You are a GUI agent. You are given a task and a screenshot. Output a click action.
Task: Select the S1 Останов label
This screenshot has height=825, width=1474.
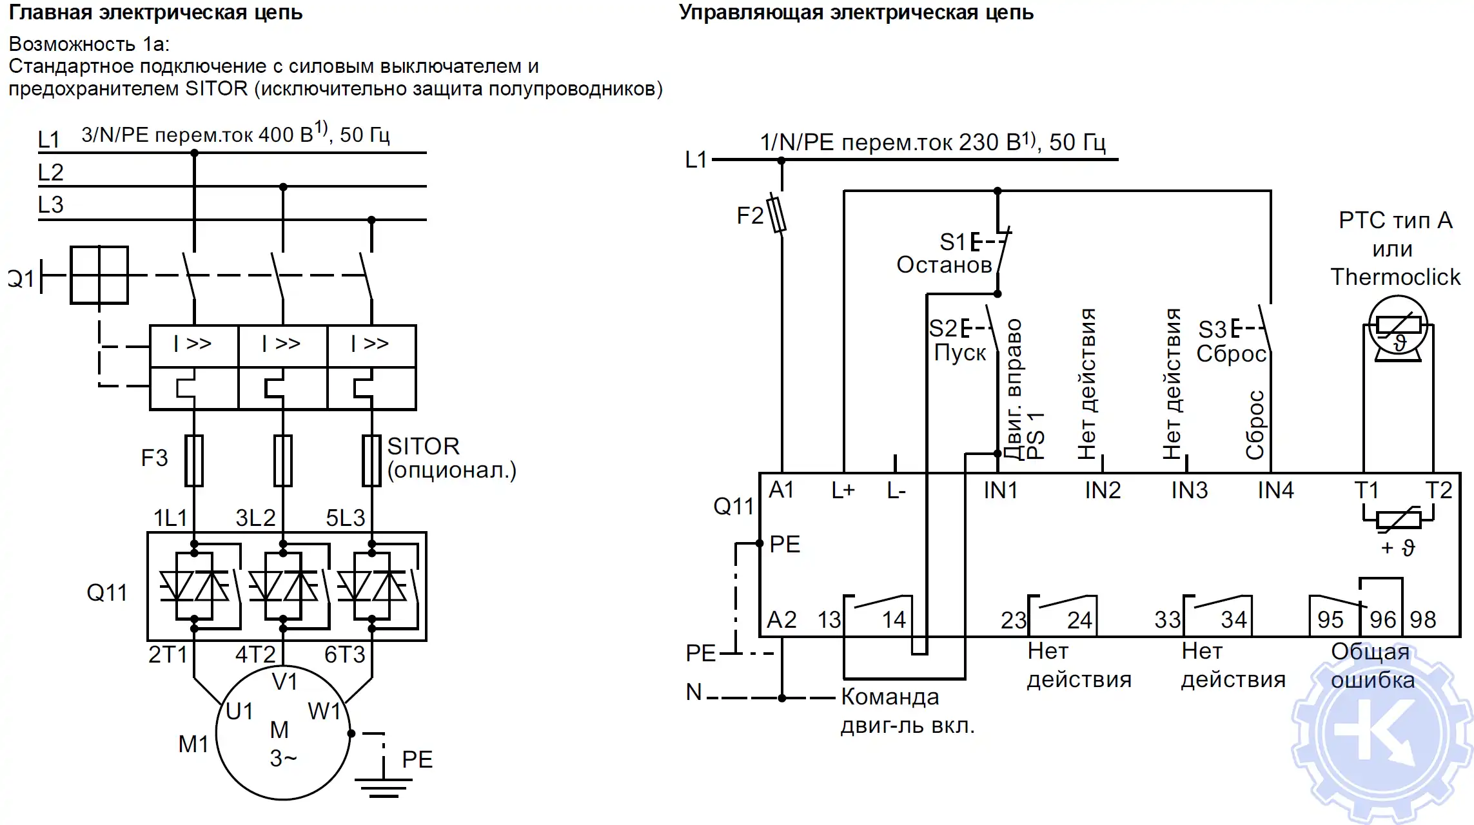pyautogui.click(x=944, y=253)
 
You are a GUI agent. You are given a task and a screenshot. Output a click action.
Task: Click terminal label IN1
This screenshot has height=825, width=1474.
pyautogui.click(x=1000, y=490)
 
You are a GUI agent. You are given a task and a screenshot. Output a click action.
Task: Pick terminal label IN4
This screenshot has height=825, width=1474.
pyautogui.click(x=1275, y=490)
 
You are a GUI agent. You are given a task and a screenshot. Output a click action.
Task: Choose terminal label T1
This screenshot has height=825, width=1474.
pyautogui.click(x=1366, y=490)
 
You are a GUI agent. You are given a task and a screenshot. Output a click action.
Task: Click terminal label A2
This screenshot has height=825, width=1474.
pyautogui.click(x=781, y=620)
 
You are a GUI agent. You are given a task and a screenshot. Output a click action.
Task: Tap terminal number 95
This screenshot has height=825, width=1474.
pyautogui.click(x=1330, y=620)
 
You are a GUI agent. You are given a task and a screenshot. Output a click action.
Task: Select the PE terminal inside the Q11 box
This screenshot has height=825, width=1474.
pyautogui.click(x=784, y=545)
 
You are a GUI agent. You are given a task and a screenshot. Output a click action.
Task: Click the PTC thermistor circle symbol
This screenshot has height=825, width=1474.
pyautogui.click(x=1398, y=325)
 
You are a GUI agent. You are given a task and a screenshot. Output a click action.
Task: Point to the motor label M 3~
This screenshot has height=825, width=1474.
pyautogui.click(x=282, y=744)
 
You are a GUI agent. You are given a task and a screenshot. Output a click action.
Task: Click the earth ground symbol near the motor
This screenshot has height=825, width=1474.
pyautogui.click(x=384, y=786)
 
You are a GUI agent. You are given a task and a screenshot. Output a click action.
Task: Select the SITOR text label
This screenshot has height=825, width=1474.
pyautogui.click(x=423, y=446)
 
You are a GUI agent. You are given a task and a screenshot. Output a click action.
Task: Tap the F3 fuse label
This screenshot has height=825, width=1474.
pyautogui.click(x=154, y=458)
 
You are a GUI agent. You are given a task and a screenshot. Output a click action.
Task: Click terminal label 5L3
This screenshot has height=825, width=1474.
pyautogui.click(x=345, y=518)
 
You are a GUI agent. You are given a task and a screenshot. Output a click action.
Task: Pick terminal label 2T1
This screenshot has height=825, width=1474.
pyautogui.click(x=167, y=655)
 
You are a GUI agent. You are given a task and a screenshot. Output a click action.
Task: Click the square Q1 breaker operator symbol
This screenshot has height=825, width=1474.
pyautogui.click(x=99, y=275)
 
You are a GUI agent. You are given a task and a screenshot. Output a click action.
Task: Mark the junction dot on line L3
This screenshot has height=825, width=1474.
pyautogui.click(x=371, y=220)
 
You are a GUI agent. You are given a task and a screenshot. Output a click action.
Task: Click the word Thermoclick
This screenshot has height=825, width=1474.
pyautogui.click(x=1395, y=277)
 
